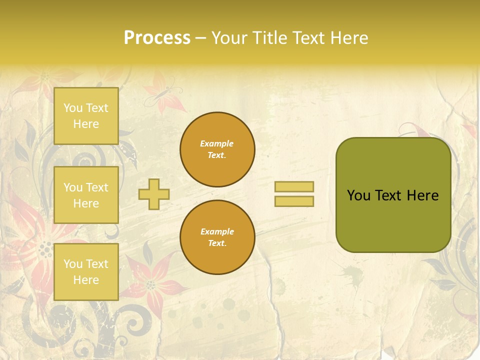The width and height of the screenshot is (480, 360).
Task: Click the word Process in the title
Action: [x=157, y=38]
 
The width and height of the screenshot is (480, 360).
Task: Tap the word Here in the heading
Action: [x=348, y=38]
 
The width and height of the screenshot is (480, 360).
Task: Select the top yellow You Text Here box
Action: [x=86, y=116]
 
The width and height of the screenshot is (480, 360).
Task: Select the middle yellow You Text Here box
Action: [x=86, y=195]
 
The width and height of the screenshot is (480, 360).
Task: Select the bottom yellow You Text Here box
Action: [x=86, y=271]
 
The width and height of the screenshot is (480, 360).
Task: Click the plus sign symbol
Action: [x=154, y=194]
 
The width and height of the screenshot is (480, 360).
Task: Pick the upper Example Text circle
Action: [x=217, y=149]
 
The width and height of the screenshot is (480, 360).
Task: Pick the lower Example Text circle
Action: [x=217, y=237]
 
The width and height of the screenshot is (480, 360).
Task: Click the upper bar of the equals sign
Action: [x=294, y=186]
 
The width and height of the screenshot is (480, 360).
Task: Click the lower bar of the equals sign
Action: [x=294, y=201]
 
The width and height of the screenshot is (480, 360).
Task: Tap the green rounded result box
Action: [x=393, y=220]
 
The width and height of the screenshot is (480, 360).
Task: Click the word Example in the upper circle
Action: [x=217, y=143]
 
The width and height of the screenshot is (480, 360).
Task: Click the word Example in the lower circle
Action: [x=217, y=231]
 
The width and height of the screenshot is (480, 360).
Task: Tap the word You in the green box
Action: [x=358, y=195]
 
